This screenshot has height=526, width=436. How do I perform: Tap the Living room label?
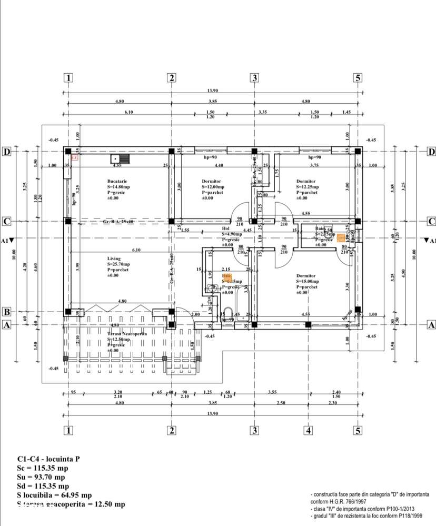point(114,259)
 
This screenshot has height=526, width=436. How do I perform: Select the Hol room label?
point(226,229)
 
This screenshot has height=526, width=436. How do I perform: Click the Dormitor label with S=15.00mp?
point(306,275)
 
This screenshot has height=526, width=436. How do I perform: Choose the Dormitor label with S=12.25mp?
point(306,181)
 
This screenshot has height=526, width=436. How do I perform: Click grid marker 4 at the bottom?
point(308,431)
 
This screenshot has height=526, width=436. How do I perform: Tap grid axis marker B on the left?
point(7,312)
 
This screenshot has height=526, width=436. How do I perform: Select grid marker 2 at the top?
point(171,78)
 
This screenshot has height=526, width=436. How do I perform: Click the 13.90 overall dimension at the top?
point(212,91)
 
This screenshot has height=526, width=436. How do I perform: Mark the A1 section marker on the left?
point(7,240)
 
